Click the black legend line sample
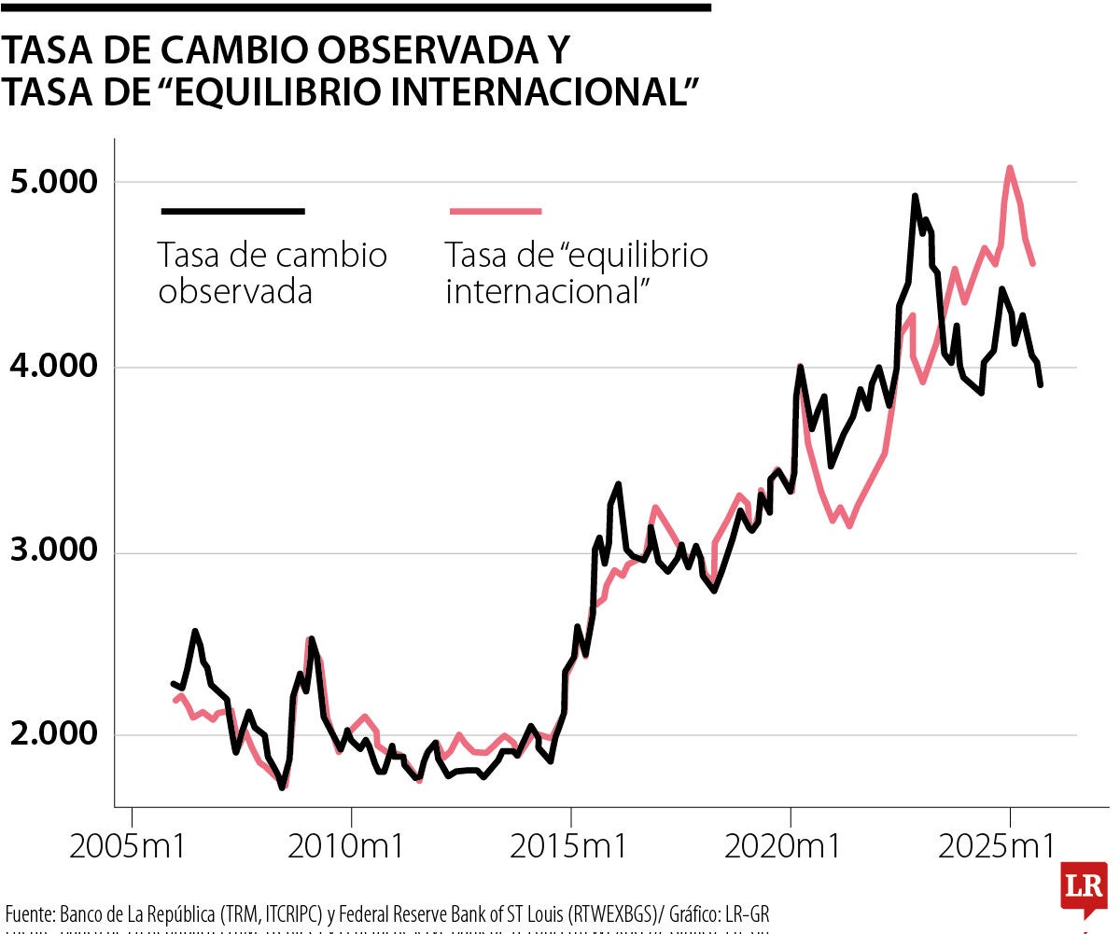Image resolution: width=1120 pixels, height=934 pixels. [x=232, y=212]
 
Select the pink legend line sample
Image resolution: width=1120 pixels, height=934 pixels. [x=496, y=212]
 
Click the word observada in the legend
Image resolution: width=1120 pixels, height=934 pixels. [x=235, y=291]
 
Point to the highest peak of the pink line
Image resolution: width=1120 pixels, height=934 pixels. [x=1010, y=168]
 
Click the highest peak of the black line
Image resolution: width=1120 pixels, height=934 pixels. [x=915, y=196]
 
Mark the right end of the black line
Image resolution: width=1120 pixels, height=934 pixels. [x=1041, y=384]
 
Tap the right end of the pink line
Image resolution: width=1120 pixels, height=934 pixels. [x=1032, y=264]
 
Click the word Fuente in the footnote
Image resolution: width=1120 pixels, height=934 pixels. [x=28, y=913]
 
